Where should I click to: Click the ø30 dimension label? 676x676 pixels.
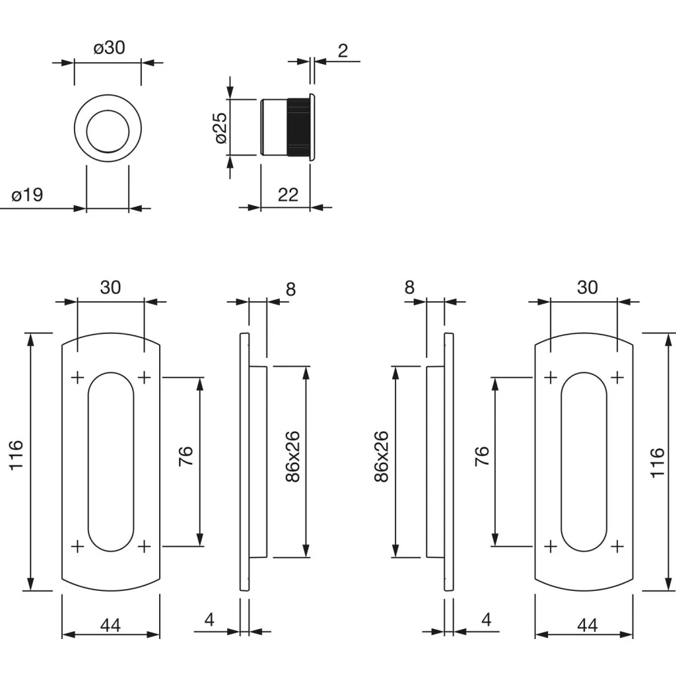click(109, 48)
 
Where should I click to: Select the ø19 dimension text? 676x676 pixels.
click(27, 195)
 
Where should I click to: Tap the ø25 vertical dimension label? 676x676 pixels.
click(220, 127)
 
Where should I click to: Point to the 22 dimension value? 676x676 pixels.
click(288, 195)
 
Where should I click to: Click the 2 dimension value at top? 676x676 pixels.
click(343, 50)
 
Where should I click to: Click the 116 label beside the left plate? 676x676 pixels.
click(17, 456)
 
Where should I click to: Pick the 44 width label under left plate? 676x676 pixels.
click(110, 625)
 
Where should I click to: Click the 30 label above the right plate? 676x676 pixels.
click(587, 287)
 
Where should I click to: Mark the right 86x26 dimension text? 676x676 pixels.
click(381, 457)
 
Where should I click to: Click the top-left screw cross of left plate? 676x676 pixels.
click(77, 378)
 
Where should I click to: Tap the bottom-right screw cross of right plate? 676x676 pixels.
click(617, 546)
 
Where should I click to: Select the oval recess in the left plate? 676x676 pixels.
click(110, 462)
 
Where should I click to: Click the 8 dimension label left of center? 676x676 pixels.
click(291, 288)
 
